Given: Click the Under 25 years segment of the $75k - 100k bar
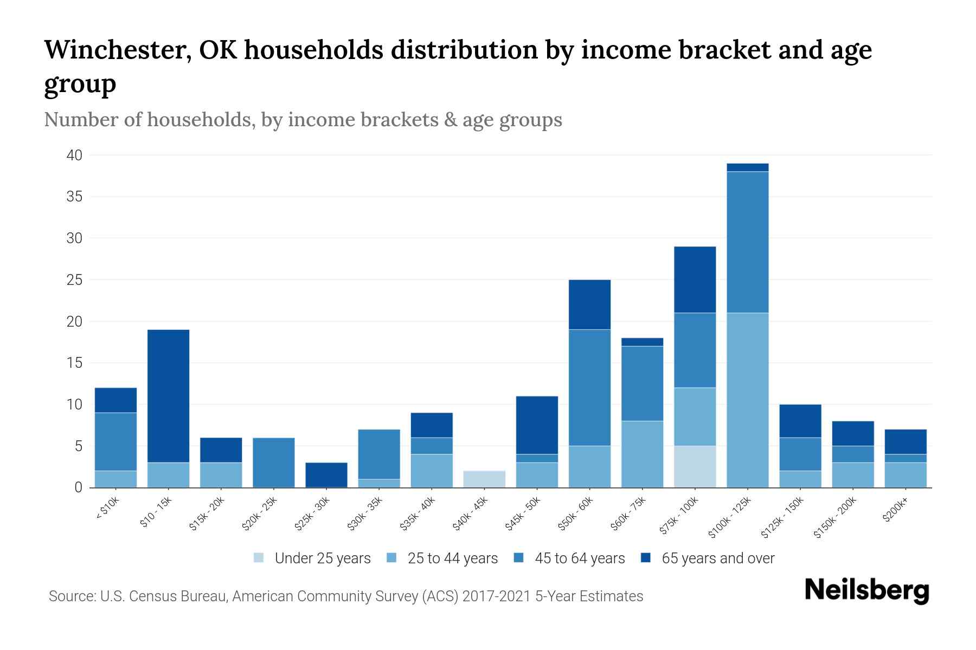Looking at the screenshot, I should pos(695,466).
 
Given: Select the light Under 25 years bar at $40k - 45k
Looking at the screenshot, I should pos(484,479).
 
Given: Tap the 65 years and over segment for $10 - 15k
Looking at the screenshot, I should pos(168,395).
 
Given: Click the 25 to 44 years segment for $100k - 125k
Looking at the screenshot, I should pos(747,400).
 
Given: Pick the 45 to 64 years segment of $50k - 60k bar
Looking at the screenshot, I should pos(589,387).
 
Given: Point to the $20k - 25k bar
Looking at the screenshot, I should pos(273,462).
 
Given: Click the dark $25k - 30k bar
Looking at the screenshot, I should pos(326,474).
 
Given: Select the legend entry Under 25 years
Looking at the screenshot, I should pos(322,558).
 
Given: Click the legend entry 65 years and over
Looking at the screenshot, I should pos(717,558).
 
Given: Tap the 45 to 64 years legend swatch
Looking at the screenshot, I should pos(519,558).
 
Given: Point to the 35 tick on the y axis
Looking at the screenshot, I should pos(74,197).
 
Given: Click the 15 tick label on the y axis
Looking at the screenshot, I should pos(74,363).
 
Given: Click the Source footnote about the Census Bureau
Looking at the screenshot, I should pos(345,596).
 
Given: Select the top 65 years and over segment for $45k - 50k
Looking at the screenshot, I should pos(537,425).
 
